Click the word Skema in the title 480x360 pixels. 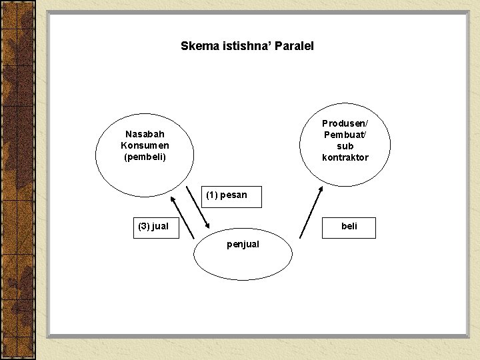(195, 46)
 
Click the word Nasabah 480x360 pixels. (145, 134)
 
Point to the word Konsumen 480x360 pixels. (145, 145)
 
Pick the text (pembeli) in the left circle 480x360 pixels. (145, 157)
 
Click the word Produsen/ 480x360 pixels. (345, 123)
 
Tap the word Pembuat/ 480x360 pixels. (345, 135)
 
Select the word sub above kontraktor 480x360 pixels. (345, 146)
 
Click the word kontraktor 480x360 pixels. (345, 158)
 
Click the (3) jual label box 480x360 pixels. (153, 227)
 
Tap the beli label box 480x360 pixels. (349, 227)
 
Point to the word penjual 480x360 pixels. (243, 245)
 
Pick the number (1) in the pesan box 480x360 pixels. (213, 195)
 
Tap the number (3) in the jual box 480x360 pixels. (144, 227)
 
